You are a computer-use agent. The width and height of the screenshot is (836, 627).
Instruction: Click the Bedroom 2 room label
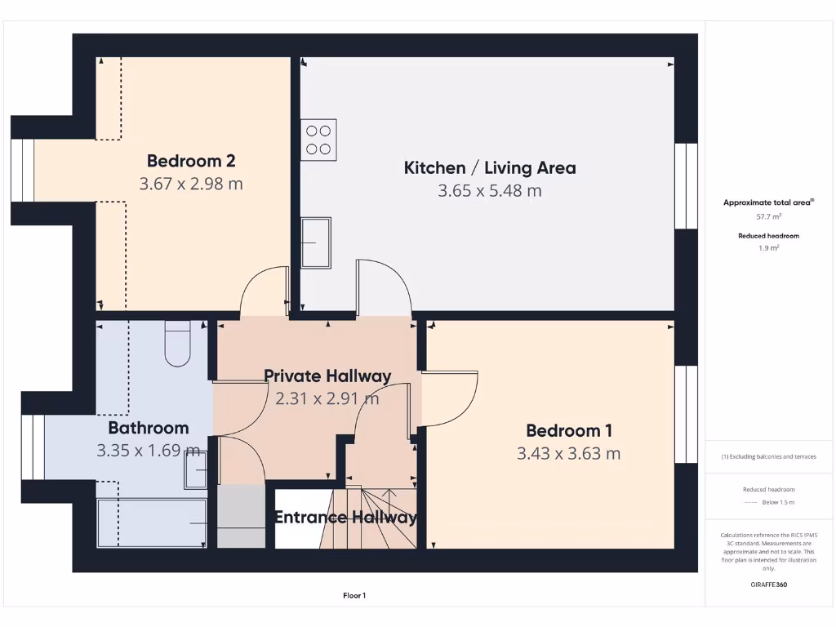click(x=191, y=161)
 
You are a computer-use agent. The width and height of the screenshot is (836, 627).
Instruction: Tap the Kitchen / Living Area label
click(x=490, y=168)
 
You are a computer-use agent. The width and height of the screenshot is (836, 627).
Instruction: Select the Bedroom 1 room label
click(x=568, y=430)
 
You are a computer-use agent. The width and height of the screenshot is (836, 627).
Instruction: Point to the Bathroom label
click(x=149, y=428)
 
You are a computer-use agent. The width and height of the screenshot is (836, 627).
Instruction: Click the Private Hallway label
click(x=327, y=376)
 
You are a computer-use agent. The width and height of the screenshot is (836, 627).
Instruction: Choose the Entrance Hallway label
click(x=345, y=517)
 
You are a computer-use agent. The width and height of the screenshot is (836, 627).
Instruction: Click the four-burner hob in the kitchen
click(x=318, y=140)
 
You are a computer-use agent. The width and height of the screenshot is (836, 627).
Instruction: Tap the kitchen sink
click(x=315, y=242)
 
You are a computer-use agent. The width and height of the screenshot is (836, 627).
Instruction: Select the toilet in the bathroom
click(x=177, y=344)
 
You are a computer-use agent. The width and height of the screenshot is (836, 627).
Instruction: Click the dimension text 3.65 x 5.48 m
click(x=490, y=191)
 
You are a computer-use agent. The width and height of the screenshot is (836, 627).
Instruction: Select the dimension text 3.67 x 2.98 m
click(x=191, y=184)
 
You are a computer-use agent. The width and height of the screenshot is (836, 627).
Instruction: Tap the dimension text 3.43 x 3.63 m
click(x=568, y=453)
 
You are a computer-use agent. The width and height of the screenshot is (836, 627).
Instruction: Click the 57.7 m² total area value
click(x=768, y=217)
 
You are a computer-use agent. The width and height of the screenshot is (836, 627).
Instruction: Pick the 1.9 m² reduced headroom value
click(x=768, y=248)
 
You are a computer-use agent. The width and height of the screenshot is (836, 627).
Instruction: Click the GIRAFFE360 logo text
click(x=768, y=585)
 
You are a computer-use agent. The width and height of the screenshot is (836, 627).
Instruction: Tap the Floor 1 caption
click(x=354, y=596)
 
